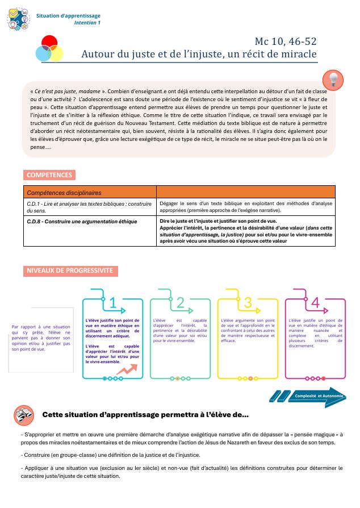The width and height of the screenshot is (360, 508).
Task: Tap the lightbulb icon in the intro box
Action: point(333,80)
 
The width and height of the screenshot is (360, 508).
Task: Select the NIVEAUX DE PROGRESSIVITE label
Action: point(70,270)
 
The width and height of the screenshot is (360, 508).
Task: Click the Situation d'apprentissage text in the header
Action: point(68,16)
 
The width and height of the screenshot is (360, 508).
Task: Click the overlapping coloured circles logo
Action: point(49,48)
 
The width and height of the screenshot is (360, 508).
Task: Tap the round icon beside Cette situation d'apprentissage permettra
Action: point(23,415)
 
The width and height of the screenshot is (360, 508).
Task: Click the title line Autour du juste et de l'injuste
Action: point(199,55)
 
